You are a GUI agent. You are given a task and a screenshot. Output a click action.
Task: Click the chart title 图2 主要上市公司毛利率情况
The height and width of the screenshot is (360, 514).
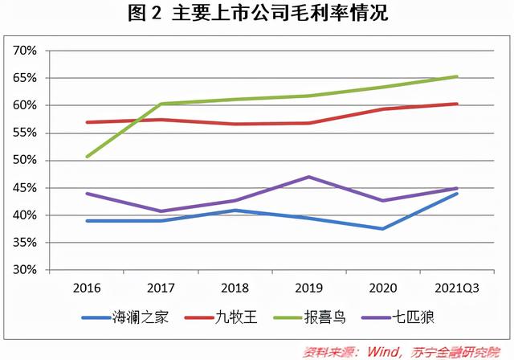[x=257, y=14]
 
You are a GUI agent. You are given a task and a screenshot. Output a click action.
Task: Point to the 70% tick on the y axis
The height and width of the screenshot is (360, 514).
[x=25, y=51]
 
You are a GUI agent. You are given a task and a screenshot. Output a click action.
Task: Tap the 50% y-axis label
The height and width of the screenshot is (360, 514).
[x=25, y=161]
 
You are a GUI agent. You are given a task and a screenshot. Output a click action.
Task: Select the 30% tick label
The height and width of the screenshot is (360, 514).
[x=25, y=270]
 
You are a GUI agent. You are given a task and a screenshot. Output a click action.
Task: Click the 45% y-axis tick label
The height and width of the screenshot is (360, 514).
[x=25, y=188]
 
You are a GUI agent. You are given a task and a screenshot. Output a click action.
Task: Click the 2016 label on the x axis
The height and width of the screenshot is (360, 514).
[x=86, y=287]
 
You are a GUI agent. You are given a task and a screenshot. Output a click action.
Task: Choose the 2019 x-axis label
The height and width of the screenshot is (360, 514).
[x=308, y=287]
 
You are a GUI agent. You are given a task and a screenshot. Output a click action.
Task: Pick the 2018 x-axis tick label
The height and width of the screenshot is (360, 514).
[x=235, y=287]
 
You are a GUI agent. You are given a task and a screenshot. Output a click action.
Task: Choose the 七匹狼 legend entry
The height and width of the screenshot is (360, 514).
[x=413, y=317]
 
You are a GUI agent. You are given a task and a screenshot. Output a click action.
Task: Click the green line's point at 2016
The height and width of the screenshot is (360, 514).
[x=87, y=156]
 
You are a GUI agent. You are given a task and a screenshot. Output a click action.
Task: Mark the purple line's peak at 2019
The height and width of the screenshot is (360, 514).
[x=309, y=177]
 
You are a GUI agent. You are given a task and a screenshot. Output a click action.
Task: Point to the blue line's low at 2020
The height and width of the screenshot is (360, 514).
[x=383, y=229]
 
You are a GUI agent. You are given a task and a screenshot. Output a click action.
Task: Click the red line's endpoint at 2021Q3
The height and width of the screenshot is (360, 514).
[x=457, y=104]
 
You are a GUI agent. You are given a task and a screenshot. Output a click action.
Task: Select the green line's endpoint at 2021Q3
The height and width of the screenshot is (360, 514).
[x=457, y=76]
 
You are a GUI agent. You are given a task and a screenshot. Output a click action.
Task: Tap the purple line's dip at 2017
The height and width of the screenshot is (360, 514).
[x=161, y=211]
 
